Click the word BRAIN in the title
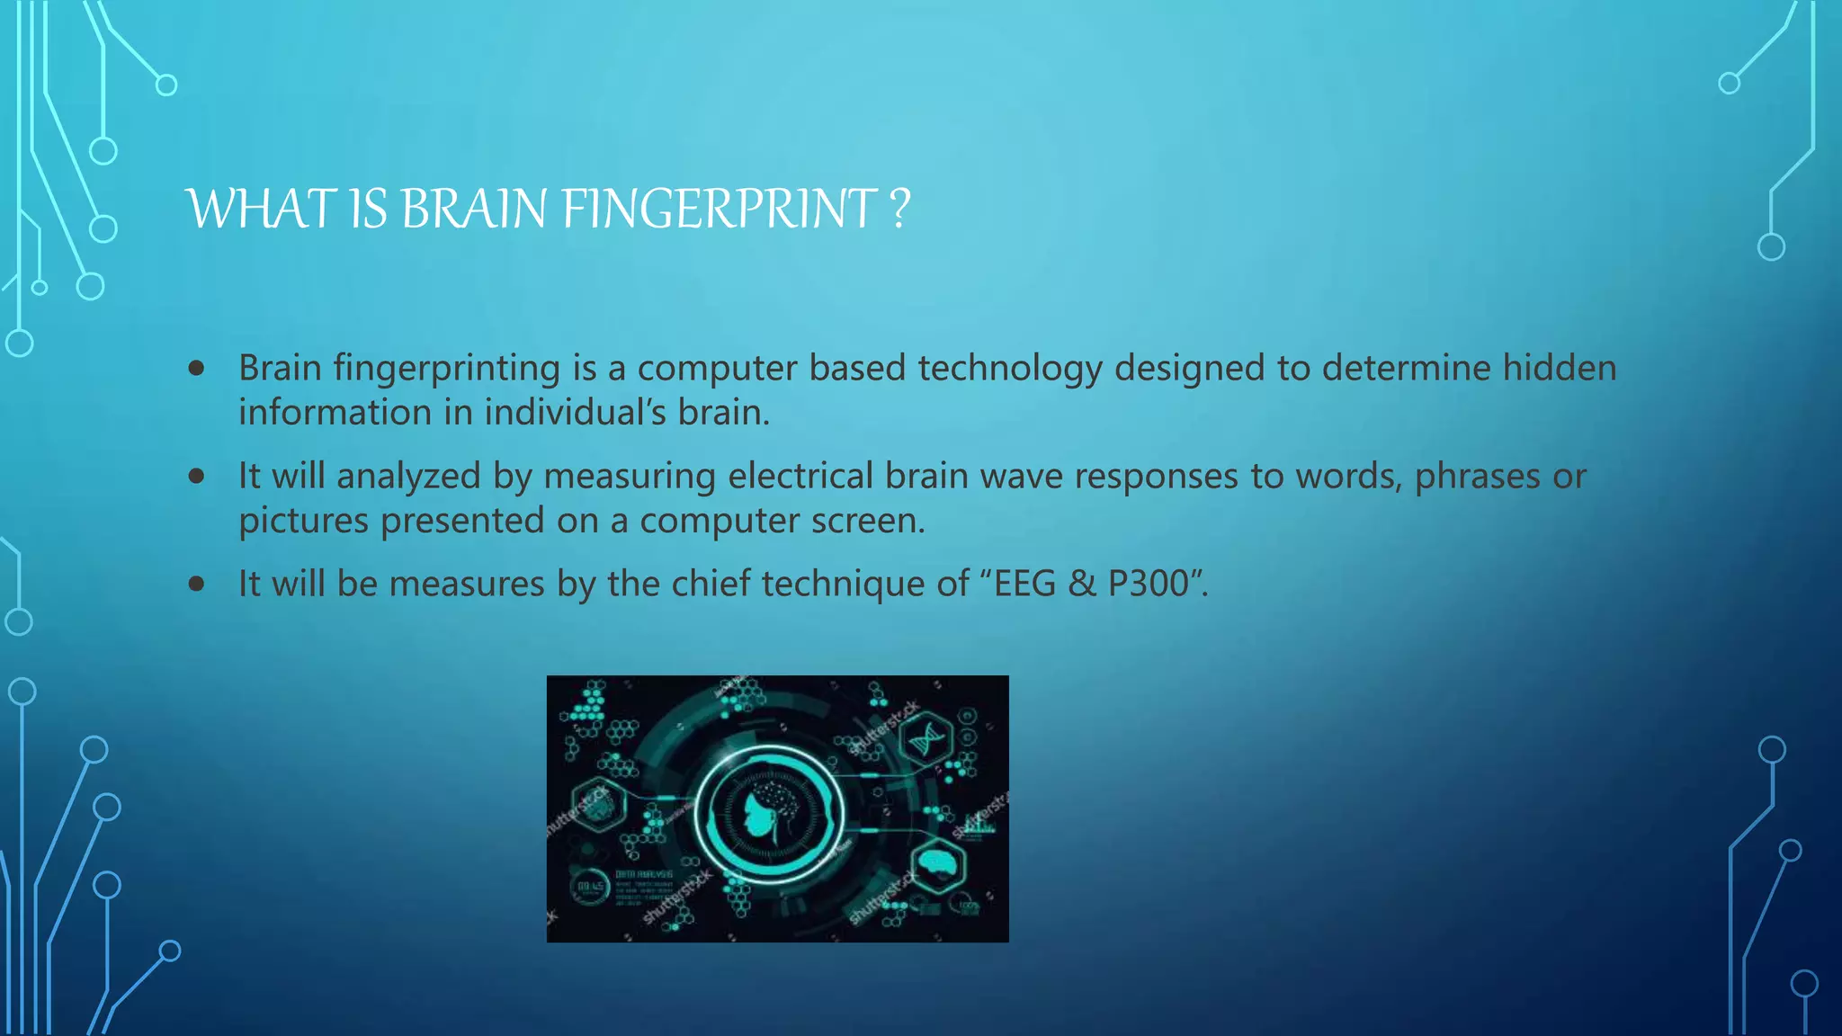click(473, 210)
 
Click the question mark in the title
click(899, 210)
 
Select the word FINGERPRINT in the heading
click(720, 210)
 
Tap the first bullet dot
click(197, 368)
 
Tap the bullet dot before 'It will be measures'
click(197, 584)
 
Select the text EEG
click(1024, 584)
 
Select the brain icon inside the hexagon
click(938, 864)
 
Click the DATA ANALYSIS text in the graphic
click(644, 874)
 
